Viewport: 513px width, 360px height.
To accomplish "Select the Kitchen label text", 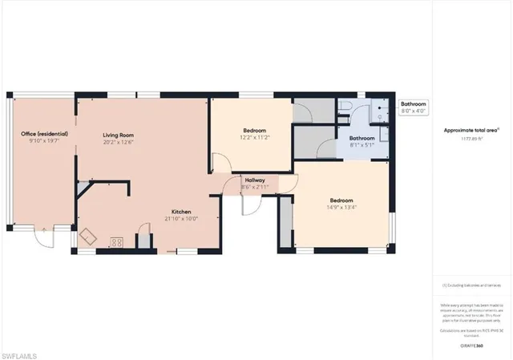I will tap(180, 212).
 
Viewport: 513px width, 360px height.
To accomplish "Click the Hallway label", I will tap(255, 180).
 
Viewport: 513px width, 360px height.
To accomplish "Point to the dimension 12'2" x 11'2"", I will tap(255, 137).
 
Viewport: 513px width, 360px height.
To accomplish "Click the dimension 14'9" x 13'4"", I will tap(341, 208).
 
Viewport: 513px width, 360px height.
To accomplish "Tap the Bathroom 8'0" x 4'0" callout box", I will tap(414, 107).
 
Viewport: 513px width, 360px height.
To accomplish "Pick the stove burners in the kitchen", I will tap(116, 241).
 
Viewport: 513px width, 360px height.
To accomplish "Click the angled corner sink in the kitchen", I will tap(87, 237).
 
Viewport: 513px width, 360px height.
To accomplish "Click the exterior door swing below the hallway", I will tap(251, 204).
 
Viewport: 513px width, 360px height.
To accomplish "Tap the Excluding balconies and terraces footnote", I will tap(471, 285).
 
